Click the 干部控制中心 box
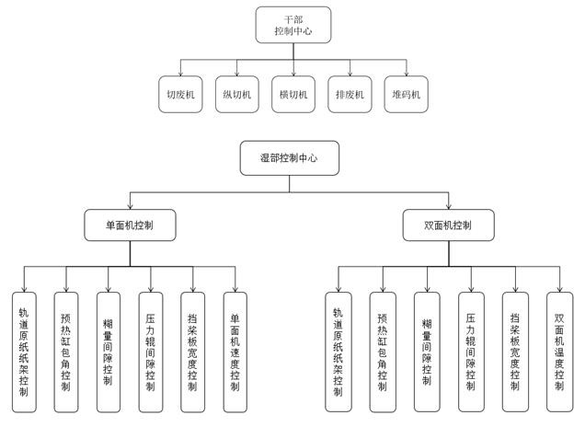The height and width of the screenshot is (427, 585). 292,26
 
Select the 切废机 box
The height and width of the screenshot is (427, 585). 179,94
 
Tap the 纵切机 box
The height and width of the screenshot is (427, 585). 236,94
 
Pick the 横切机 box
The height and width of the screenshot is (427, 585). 293,94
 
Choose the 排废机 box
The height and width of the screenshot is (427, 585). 350,94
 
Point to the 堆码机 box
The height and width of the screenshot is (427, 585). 407,94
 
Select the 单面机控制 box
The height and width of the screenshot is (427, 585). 130,225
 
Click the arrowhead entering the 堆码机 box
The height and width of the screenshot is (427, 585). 407,74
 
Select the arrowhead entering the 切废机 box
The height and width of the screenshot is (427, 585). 179,74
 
